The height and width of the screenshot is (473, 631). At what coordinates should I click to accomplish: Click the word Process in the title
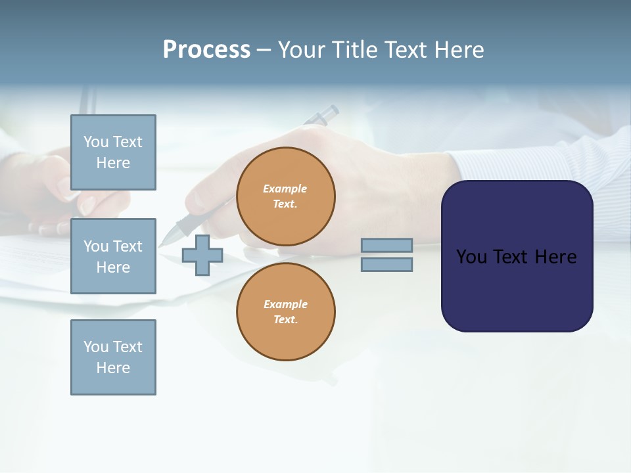[x=206, y=50]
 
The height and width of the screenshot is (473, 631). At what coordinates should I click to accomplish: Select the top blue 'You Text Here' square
[x=113, y=152]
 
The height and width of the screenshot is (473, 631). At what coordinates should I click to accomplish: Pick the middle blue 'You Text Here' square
[x=113, y=256]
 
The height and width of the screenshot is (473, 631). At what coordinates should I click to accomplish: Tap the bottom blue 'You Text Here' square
[x=113, y=357]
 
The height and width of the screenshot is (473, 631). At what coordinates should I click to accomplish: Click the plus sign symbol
[x=202, y=256]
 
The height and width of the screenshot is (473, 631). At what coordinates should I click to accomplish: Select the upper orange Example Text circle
[x=285, y=196]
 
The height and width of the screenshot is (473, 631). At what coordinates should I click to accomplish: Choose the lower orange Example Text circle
[x=285, y=312]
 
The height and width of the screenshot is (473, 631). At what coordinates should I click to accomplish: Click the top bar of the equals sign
[x=386, y=245]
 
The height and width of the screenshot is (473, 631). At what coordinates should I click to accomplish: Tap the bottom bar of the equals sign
[x=386, y=265]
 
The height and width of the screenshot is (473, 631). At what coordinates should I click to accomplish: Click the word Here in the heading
[x=458, y=50]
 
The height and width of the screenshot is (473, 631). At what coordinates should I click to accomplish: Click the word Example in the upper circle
[x=285, y=189]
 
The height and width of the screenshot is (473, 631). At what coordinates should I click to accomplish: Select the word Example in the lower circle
[x=285, y=304]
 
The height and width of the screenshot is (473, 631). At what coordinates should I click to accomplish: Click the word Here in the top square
[x=113, y=163]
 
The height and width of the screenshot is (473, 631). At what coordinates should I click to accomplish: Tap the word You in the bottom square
[x=95, y=347]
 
